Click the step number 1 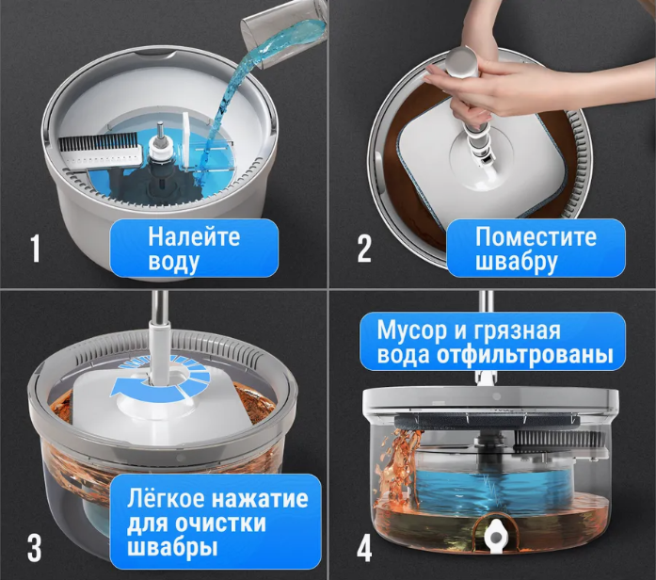[x=36, y=250]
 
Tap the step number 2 [x=364, y=249]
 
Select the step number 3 [x=34, y=548]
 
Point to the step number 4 [x=364, y=548]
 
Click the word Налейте [x=194, y=236]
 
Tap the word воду [x=173, y=264]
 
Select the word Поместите [x=536, y=236]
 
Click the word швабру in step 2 [x=517, y=263]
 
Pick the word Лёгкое [x=166, y=498]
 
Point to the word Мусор [x=412, y=330]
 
